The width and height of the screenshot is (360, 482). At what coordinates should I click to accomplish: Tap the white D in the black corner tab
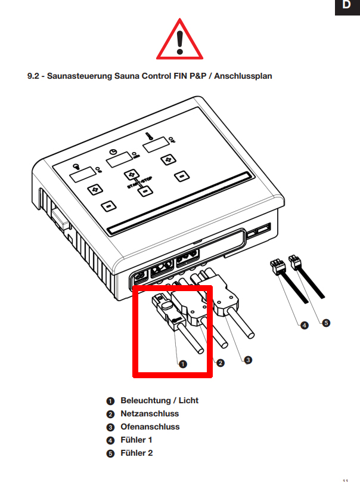346,6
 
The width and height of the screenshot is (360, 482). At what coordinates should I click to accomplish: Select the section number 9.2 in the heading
34,76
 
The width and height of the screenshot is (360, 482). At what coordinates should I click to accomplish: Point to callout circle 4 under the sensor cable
304,326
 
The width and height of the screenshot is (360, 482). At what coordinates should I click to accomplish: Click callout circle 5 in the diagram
325,322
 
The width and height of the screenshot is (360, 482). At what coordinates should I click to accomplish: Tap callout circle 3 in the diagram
248,360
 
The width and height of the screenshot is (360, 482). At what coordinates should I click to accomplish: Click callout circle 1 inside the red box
183,363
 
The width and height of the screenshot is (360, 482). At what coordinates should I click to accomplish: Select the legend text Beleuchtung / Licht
159,400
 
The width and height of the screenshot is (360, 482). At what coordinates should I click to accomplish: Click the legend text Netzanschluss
150,413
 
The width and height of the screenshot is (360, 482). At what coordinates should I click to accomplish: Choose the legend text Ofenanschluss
150,427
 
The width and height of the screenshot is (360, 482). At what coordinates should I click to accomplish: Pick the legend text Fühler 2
136,453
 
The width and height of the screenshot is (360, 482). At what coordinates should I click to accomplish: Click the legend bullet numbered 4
110,440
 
